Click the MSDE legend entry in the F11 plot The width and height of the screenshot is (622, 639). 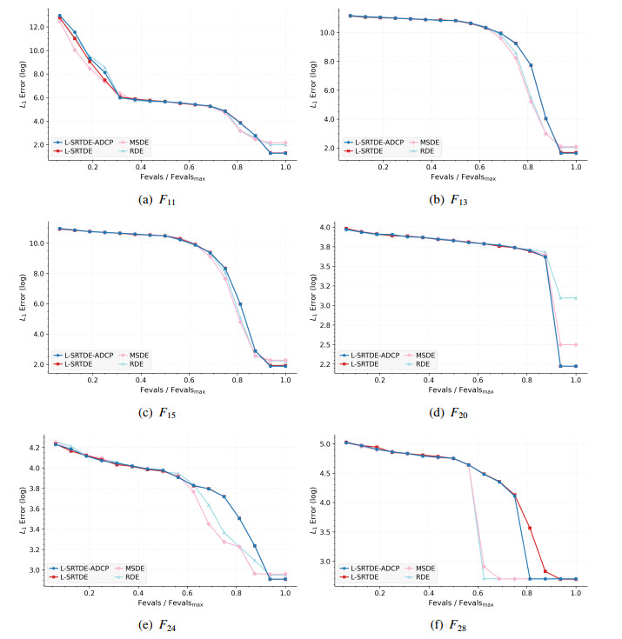point(141,141)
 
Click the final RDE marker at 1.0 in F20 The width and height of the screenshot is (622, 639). point(575,298)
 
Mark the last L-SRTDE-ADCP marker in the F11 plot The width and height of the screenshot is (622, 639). point(285,153)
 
